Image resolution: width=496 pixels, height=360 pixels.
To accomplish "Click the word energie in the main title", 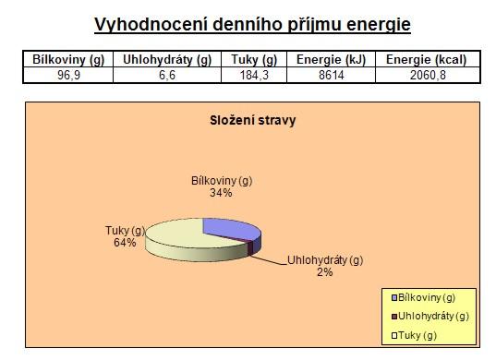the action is [x=379, y=25].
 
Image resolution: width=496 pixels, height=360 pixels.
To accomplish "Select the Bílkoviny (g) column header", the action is [x=68, y=59].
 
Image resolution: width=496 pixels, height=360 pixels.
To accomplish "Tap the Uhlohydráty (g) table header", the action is [x=167, y=59].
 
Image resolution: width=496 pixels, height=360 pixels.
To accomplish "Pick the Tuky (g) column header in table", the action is [x=254, y=59].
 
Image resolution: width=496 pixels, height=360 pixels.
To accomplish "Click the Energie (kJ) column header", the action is [x=331, y=59].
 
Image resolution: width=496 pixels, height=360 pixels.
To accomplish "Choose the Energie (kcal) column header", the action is [x=427, y=59].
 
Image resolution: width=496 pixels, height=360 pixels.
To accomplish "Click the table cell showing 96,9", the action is [x=68, y=75].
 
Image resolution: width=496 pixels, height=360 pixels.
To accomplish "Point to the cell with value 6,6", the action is [x=167, y=75].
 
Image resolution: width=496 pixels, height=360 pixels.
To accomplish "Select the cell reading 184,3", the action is [x=254, y=75].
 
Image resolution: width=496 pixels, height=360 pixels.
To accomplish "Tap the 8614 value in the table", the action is [x=332, y=75].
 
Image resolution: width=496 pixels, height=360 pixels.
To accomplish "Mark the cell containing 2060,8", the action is [x=428, y=75].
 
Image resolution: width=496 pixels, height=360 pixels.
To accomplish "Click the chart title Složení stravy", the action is [x=253, y=120].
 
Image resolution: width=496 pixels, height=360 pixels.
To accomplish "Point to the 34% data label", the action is [x=221, y=193].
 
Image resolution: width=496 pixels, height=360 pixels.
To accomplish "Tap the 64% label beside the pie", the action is [x=125, y=243].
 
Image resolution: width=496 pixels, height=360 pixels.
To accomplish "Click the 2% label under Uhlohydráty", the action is [x=325, y=272].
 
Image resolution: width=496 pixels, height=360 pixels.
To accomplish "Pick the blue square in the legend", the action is [x=394, y=298].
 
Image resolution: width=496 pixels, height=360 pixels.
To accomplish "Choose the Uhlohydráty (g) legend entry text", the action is [x=433, y=317].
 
